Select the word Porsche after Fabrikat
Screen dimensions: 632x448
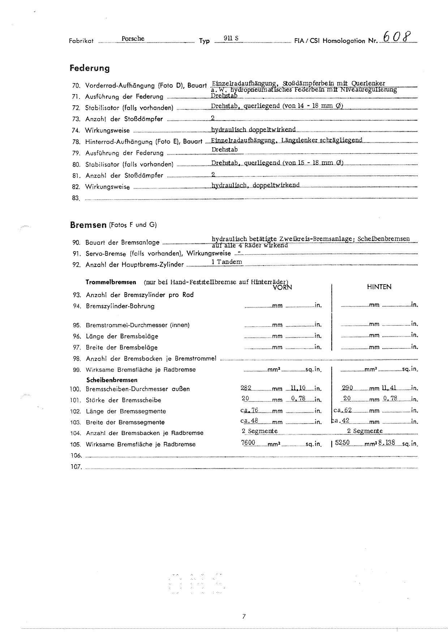coord(133,39)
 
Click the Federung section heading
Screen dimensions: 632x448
coord(90,68)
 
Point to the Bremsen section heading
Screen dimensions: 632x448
coord(88,225)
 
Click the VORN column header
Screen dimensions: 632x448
coord(283,287)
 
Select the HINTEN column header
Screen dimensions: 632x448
coord(379,287)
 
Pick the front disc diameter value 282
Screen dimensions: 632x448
coord(246,388)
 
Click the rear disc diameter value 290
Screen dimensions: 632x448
coord(347,388)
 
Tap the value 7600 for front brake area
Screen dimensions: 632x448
coord(248,443)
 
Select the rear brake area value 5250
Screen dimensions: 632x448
coord(342,443)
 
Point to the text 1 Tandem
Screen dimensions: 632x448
coord(227,262)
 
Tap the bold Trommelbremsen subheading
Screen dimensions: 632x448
coord(111,282)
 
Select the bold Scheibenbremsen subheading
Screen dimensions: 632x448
coord(112,380)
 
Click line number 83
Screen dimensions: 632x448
coord(76,198)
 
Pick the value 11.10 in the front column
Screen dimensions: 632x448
coord(298,388)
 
